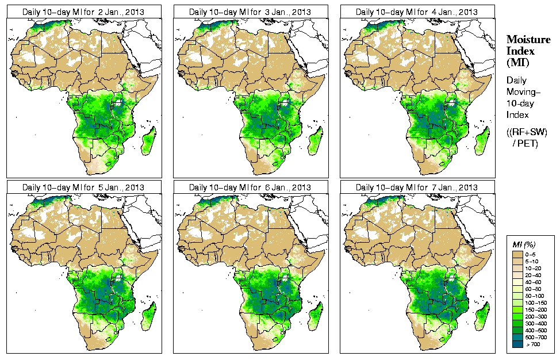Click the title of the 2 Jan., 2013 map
83,12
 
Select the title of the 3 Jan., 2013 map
250,12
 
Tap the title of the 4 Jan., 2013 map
417,12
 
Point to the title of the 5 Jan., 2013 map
83,187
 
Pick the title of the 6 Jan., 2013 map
250,187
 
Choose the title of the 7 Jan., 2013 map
417,187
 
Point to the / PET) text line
525,143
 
